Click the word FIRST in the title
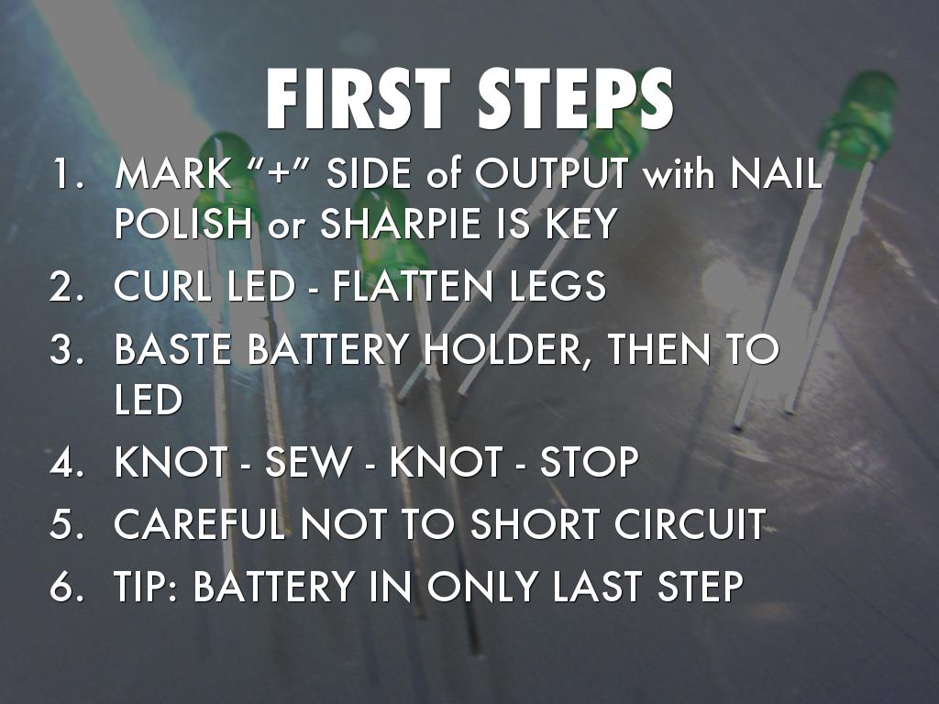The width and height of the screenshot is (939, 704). [x=359, y=99]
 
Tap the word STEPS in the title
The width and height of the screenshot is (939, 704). [x=576, y=99]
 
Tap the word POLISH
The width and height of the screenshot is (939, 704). [x=182, y=224]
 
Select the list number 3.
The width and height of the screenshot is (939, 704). [x=66, y=348]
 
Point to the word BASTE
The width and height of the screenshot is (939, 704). [x=172, y=348]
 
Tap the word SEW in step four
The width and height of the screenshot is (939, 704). [x=308, y=462]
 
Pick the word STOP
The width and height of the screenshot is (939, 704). [x=590, y=462]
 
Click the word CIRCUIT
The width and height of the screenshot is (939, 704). [x=690, y=523]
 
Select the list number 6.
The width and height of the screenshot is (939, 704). [x=66, y=586]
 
